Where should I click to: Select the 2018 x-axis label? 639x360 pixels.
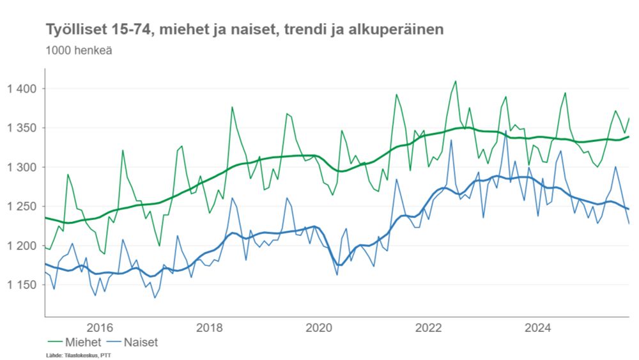pyautogui.click(x=210, y=328)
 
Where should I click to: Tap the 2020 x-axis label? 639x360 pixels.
pyautogui.click(x=319, y=328)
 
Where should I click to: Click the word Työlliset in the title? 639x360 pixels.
pyautogui.click(x=71, y=29)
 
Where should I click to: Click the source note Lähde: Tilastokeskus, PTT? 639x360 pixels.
pyautogui.click(x=74, y=354)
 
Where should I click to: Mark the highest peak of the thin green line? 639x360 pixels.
pyautogui.click(x=456, y=81)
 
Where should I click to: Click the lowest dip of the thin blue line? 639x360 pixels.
pyautogui.click(x=155, y=298)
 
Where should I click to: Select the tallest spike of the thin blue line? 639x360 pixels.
pyautogui.click(x=505, y=132)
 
